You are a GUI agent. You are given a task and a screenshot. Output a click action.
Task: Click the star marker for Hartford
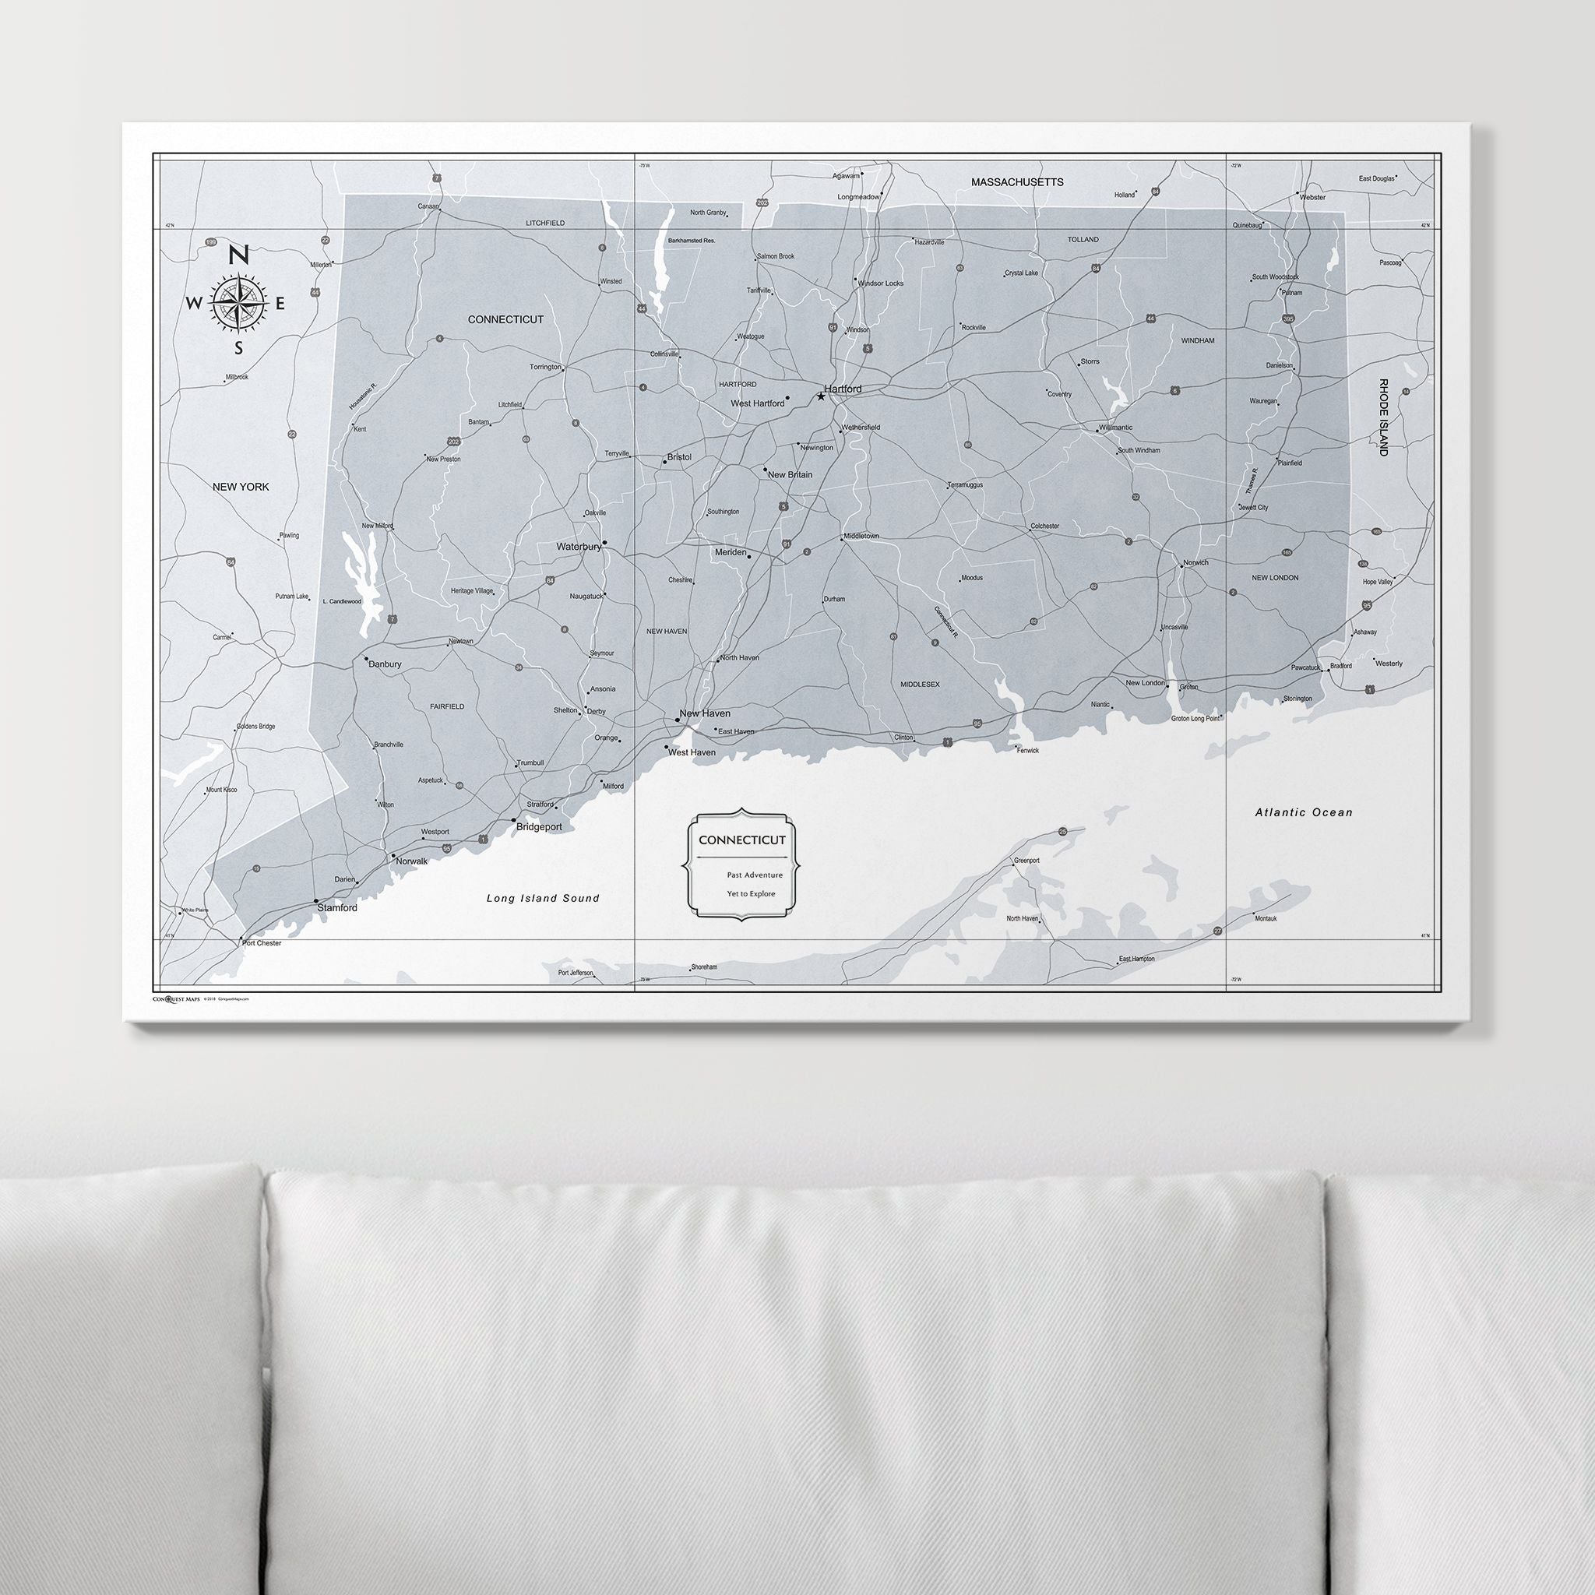pyautogui.click(x=821, y=396)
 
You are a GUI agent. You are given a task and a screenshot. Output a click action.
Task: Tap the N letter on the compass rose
pyautogui.click(x=238, y=255)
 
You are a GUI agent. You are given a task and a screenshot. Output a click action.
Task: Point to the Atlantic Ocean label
pyautogui.click(x=1304, y=812)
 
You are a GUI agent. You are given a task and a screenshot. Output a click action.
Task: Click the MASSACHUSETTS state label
pyautogui.click(x=1017, y=181)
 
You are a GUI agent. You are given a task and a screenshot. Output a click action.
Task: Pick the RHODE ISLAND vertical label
pyautogui.click(x=1383, y=417)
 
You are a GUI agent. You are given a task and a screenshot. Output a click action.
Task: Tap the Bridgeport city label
pyautogui.click(x=539, y=826)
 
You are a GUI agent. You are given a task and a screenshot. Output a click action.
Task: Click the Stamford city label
pyautogui.click(x=338, y=908)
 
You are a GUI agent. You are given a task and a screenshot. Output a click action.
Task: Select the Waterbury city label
pyautogui.click(x=578, y=547)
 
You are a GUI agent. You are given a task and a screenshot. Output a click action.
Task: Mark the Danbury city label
pyautogui.click(x=385, y=664)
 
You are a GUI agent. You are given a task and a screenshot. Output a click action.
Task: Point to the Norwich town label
pyautogui.click(x=1195, y=563)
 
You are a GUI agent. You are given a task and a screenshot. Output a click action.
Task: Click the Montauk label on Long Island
pyautogui.click(x=1265, y=918)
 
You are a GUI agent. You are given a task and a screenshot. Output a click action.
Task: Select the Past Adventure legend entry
pyautogui.click(x=755, y=875)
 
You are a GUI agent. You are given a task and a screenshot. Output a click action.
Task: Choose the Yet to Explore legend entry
pyautogui.click(x=752, y=894)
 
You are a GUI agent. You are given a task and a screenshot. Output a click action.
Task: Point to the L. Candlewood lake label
pyautogui.click(x=342, y=601)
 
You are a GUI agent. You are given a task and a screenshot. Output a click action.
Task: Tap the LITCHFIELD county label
pyautogui.click(x=545, y=223)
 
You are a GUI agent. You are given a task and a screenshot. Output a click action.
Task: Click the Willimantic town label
pyautogui.click(x=1115, y=428)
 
